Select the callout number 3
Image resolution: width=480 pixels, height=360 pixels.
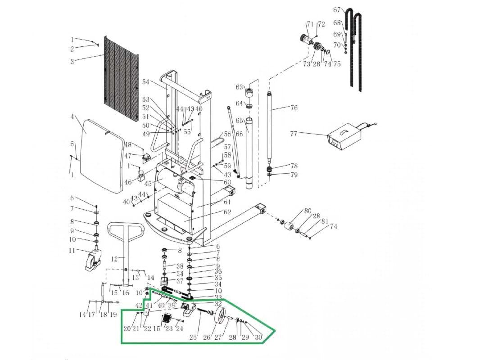(72, 62)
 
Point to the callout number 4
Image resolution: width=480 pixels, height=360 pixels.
(72, 117)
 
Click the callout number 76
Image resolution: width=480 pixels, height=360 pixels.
(294, 108)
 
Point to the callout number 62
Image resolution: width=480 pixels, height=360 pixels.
(227, 212)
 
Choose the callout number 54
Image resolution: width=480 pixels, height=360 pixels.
(145, 82)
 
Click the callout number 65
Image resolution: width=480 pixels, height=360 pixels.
(239, 121)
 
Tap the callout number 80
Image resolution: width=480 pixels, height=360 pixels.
(308, 211)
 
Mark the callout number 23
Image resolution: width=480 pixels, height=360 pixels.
(169, 329)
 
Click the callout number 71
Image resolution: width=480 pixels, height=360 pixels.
(310, 24)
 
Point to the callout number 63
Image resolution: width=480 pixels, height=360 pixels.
(239, 87)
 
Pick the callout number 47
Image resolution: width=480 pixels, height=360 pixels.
(128, 156)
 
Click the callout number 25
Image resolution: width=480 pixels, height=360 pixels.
(193, 337)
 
